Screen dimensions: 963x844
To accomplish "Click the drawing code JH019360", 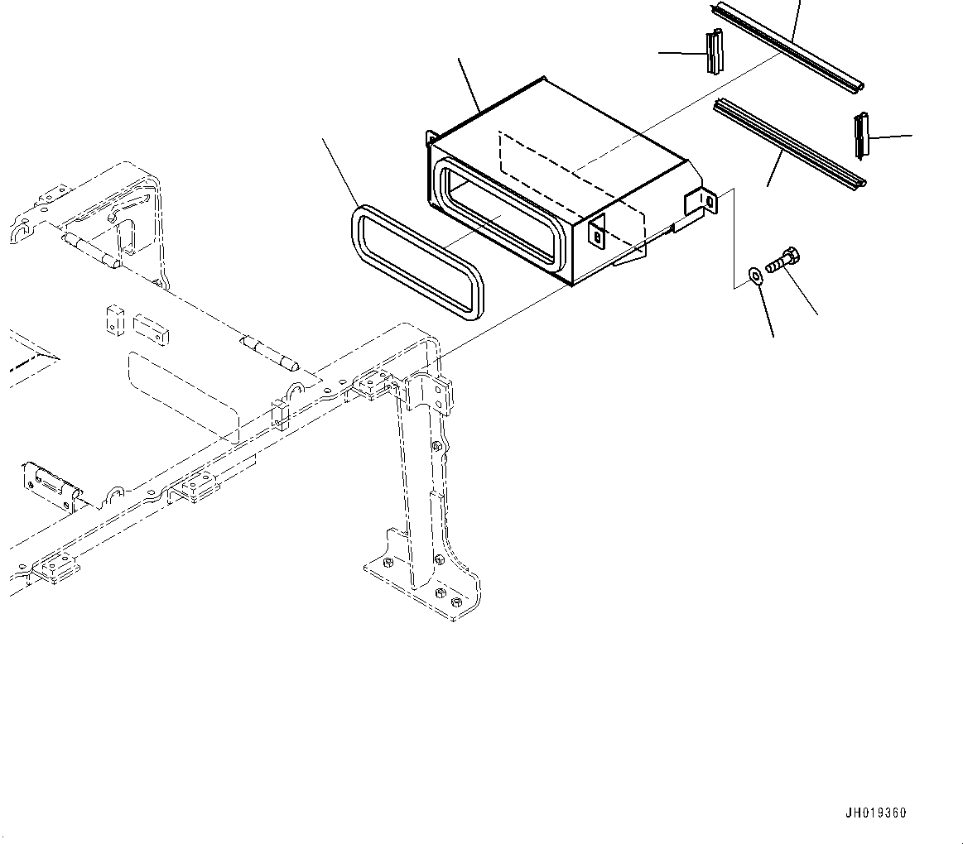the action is [875, 813].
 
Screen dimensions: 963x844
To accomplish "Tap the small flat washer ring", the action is [755, 275].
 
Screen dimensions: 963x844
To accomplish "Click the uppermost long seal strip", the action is [787, 46].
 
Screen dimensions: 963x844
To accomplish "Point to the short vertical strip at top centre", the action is [715, 52].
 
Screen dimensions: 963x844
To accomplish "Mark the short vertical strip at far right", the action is [861, 136].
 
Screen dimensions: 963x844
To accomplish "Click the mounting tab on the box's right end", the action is [701, 204].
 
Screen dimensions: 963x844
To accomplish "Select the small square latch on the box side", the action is [597, 234].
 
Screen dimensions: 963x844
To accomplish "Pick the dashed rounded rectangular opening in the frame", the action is [182, 397].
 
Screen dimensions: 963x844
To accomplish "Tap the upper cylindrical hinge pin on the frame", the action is [90, 252].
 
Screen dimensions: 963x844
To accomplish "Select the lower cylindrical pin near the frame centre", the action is [271, 353].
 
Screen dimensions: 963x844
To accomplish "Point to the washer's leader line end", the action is [773, 337].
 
